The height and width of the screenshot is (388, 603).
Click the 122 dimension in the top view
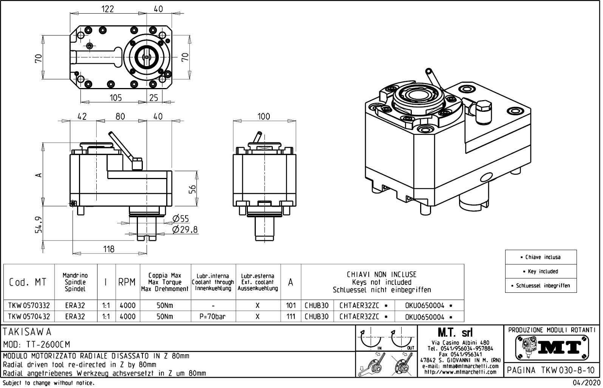pyautogui.click(x=108, y=9)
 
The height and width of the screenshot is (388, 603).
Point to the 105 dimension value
pyautogui.click(x=116, y=98)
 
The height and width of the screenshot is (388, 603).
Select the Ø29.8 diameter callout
pyautogui.click(x=185, y=230)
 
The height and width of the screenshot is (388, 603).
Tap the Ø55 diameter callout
pyautogui.click(x=180, y=219)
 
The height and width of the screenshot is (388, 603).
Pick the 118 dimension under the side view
pyautogui.click(x=109, y=249)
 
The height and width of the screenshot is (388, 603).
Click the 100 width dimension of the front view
pyautogui.click(x=264, y=116)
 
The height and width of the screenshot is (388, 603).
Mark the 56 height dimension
pyautogui.click(x=192, y=189)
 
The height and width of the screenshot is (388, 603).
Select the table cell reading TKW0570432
pyautogui.click(x=29, y=317)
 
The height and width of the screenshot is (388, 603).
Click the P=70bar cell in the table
pyautogui.click(x=213, y=317)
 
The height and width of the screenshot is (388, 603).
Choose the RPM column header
pyautogui.click(x=127, y=282)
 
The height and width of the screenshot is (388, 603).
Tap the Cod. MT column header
pyautogui.click(x=28, y=282)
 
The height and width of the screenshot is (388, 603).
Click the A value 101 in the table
pyautogui.click(x=291, y=305)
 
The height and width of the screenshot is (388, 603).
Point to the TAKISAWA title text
pyautogui.click(x=27, y=332)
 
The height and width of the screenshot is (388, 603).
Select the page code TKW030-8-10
pyautogui.click(x=551, y=370)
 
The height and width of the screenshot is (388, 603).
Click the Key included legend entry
pyautogui.click(x=541, y=271)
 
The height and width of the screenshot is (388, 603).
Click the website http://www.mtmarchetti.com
pyautogui.click(x=460, y=372)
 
